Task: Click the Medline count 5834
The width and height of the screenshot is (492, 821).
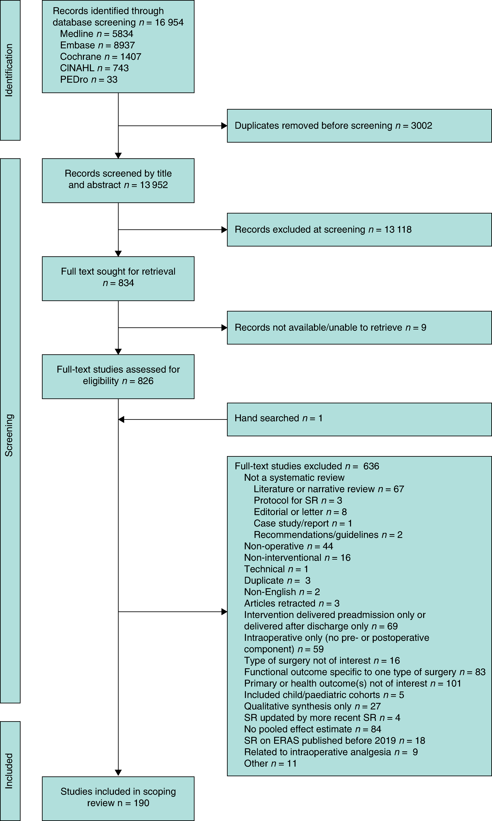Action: pos(123,34)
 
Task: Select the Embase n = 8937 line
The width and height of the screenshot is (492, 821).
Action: pos(97,45)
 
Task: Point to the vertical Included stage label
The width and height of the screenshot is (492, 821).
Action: pos(9,771)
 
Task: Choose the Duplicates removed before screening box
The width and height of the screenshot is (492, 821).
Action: pos(359,126)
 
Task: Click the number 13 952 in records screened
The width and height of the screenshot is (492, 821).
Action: pos(154,185)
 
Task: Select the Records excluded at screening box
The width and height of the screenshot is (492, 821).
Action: pos(359,230)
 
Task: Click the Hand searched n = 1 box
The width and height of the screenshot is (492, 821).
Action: pos(359,419)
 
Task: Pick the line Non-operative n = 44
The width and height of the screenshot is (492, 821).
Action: pos(289,546)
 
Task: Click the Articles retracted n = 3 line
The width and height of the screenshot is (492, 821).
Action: pos(292,603)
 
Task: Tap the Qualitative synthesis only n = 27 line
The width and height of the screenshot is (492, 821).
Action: pos(312,706)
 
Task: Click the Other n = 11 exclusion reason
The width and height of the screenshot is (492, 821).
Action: pos(270,763)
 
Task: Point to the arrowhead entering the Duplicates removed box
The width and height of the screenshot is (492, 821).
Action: pos(224,126)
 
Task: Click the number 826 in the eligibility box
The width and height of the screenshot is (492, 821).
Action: pos(146,381)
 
